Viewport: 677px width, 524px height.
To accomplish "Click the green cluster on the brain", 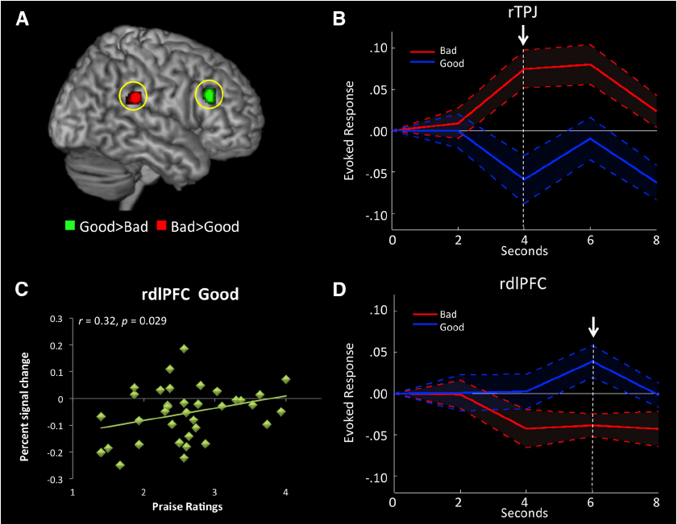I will coord(210,95).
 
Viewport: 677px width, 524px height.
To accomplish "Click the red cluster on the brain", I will coord(133,97).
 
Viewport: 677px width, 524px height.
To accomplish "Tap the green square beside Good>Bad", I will coord(69,226).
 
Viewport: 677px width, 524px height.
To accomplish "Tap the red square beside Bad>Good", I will coord(162,226).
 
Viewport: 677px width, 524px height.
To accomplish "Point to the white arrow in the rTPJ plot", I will coord(523,35).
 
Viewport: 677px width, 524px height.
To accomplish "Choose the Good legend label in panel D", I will coord(453,328).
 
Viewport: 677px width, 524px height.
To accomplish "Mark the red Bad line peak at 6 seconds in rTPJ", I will coord(591,64).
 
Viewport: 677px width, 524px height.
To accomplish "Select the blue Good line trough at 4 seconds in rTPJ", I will coord(524,179).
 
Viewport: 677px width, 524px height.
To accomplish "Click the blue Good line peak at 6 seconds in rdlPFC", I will coord(592,361).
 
